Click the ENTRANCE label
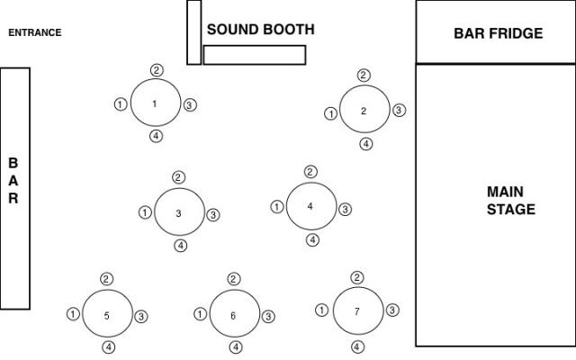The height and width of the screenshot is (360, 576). point(35,33)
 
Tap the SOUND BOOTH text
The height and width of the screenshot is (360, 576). point(260,30)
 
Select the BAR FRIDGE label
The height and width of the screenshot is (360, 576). point(498,34)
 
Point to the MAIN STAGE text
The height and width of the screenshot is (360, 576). point(510,201)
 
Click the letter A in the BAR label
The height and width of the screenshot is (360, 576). point(13,181)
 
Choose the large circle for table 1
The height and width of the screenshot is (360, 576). point(155,103)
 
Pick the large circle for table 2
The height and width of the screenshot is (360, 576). point(364,111)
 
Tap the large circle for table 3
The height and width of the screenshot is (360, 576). point(179,213)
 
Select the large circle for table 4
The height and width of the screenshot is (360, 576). point(310,206)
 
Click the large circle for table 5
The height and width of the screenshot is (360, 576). point(107,315)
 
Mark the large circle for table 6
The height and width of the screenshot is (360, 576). point(234,315)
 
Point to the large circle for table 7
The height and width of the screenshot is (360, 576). point(358,311)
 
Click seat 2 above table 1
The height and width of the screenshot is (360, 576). point(157,70)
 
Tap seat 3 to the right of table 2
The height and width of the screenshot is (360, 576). point(400,111)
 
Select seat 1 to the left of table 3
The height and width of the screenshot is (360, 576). point(145,212)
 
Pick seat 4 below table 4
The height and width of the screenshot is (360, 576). point(312,239)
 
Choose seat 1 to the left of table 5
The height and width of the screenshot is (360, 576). point(73,314)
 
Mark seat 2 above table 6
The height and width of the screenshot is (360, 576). point(234,279)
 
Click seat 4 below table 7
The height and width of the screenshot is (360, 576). point(358,346)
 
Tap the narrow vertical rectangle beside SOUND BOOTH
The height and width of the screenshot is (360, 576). point(193,32)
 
